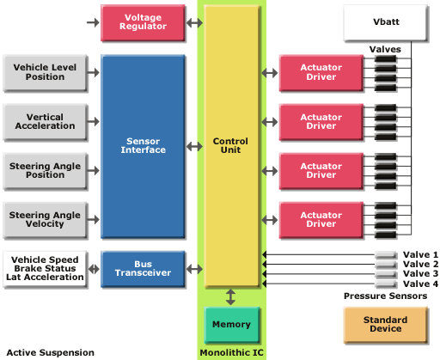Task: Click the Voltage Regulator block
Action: pos(143,22)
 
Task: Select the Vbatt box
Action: pos(386,22)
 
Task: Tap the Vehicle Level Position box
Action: pos(45,73)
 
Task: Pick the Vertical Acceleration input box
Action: pos(45,122)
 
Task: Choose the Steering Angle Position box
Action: pos(45,171)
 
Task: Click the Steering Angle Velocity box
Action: pos(45,220)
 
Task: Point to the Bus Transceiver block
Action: pos(143,269)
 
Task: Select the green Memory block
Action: pos(231,325)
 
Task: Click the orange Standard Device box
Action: pos(386,325)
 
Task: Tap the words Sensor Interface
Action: pos(143,145)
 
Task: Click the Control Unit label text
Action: pos(230,145)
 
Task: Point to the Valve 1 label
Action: pos(420,254)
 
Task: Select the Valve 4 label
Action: pos(420,284)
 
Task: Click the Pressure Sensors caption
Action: pos(386,296)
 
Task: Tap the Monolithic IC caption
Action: pos(231,352)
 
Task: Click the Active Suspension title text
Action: pos(51,352)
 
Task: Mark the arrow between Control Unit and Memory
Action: pos(230,297)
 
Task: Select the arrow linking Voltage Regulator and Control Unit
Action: pos(194,22)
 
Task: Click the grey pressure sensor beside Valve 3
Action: pos(386,274)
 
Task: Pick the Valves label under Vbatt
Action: pos(385,49)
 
